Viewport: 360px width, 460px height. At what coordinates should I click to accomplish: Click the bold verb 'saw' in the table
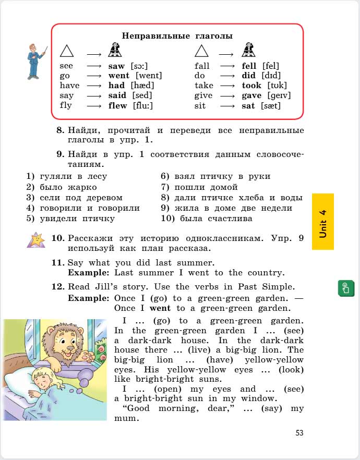pos(116,66)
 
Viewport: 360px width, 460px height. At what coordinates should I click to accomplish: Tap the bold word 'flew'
pos(117,105)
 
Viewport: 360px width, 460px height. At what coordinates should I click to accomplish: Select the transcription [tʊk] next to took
pos(277,86)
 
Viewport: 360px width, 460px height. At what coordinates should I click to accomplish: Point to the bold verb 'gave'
pos(252,95)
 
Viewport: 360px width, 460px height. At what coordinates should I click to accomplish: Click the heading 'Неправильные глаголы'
pos(177,35)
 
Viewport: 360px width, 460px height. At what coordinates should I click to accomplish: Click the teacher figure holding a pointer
pos(36,60)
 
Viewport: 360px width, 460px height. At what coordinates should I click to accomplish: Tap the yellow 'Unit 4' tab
pos(322,222)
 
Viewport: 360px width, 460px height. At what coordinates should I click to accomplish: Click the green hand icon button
pos(346,288)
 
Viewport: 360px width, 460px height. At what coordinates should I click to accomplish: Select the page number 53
pos(299,432)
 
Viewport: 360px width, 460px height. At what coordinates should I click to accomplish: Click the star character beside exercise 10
pos(37,240)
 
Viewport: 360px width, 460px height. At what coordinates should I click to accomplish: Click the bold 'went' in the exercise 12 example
pos(160,308)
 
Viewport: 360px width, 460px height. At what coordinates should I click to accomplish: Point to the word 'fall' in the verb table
pos(202,66)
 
